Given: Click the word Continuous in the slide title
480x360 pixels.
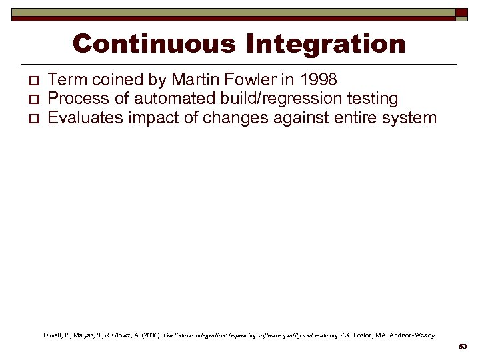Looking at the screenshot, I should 155,44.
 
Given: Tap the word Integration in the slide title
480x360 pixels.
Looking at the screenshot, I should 325,44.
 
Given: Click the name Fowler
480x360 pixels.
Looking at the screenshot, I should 252,80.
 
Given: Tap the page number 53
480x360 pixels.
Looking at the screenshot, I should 463,347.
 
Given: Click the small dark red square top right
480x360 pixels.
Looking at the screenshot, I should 462,13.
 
